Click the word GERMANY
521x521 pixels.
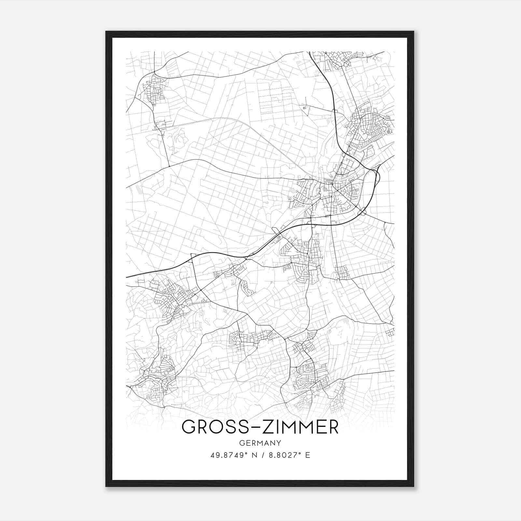point(260,443)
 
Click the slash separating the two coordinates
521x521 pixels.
point(260,455)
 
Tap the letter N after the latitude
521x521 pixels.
point(251,455)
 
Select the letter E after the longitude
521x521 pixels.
point(308,455)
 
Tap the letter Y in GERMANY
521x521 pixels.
point(279,443)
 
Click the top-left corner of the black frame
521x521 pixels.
point(106,32)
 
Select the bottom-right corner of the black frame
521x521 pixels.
point(413,486)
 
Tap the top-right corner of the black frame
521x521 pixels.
point(413,32)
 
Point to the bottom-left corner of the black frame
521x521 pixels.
point(106,486)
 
